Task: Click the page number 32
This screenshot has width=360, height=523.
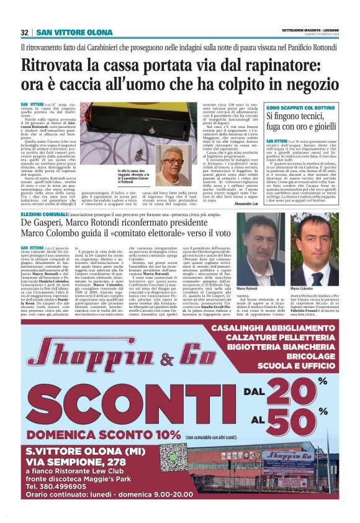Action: click(25, 32)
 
